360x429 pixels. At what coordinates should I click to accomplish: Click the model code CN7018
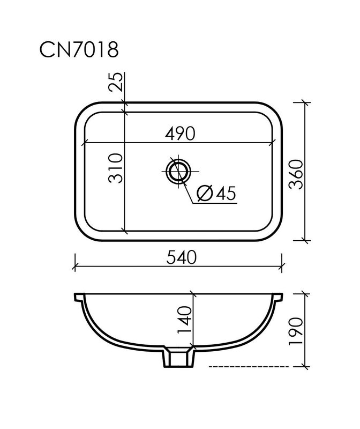click(79, 49)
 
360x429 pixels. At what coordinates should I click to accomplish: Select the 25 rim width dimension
click(115, 82)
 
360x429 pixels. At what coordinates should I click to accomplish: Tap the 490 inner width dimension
click(180, 133)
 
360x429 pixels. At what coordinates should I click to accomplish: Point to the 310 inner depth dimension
click(115, 168)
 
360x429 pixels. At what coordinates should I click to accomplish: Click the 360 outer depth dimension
click(296, 174)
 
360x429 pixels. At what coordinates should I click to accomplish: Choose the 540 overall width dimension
click(182, 257)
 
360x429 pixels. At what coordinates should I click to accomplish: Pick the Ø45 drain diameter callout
click(216, 193)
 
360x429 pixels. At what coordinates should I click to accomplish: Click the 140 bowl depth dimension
click(184, 320)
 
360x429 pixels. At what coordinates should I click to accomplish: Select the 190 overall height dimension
click(296, 331)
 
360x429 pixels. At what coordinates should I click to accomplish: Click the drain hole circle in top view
click(178, 171)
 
